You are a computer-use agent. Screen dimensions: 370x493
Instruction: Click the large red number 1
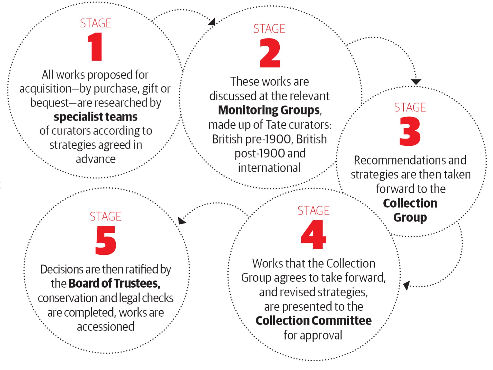pos(96,47)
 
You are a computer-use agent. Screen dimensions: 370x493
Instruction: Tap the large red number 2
pos(270,53)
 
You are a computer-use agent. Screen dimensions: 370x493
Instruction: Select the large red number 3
pos(410,131)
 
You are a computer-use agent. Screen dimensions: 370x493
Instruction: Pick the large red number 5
pos(106,240)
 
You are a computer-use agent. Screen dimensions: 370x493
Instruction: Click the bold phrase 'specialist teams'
pos(96,117)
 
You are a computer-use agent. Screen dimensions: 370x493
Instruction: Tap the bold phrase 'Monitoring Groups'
pos(269,110)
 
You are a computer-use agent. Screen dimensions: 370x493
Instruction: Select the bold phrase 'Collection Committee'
pos(314,320)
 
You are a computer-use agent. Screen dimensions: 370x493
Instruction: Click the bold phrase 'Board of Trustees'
pos(114,283)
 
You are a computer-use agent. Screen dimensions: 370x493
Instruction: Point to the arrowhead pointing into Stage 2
pos(212,22)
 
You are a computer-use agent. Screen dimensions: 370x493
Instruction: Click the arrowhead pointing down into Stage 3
pos(416,82)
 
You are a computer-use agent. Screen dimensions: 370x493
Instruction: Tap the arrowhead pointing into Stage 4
pos(406,285)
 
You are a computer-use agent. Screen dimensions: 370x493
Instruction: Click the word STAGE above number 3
pos(410,107)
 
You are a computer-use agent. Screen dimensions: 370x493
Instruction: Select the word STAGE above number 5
pos(106,216)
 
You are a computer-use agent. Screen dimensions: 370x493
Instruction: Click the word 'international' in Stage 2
pos(269,168)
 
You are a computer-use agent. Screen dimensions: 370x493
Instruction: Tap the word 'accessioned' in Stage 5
pos(106,327)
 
